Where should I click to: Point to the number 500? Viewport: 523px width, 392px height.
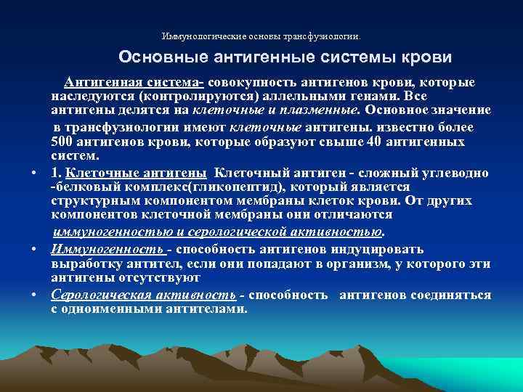[x=62, y=142]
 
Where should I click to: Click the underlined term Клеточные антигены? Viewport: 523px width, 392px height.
[x=136, y=173]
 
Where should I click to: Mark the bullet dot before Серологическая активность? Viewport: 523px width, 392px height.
[x=35, y=295]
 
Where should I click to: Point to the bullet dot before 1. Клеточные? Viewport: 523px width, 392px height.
[x=35, y=173]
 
